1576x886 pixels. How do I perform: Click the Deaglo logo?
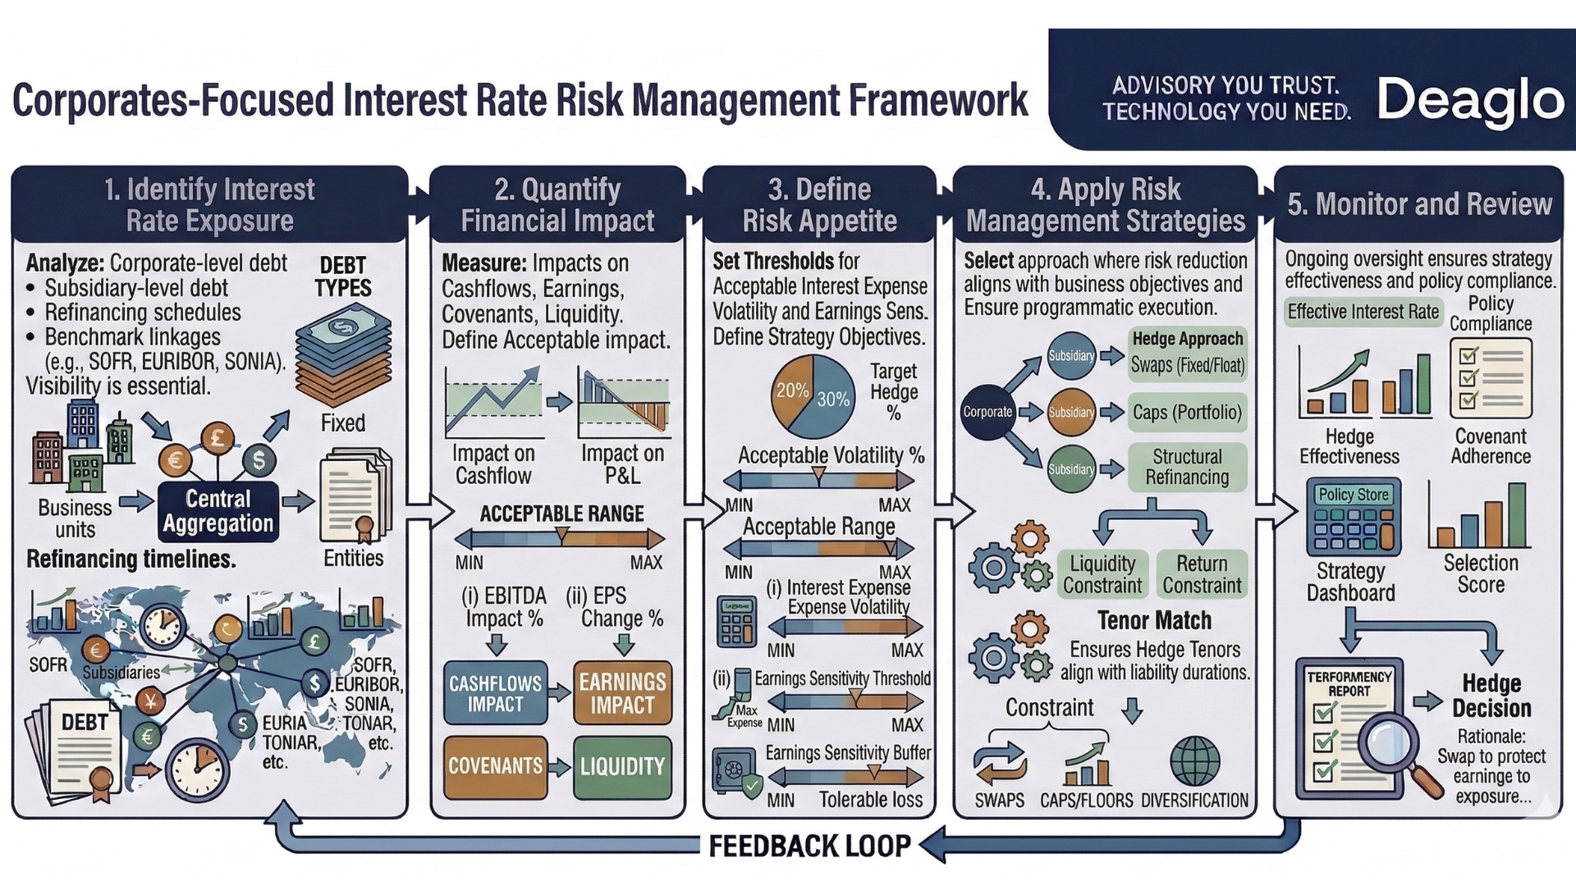coord(1469,101)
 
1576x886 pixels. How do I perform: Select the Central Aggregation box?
coord(218,511)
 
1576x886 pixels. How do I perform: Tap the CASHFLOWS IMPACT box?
coord(495,693)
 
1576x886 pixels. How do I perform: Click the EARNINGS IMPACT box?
coord(622,693)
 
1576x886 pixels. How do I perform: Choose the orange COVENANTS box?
coord(495,766)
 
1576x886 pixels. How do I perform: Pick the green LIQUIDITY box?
coord(622,766)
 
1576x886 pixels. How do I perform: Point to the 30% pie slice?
coord(831,400)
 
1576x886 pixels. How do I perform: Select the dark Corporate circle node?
coord(987,412)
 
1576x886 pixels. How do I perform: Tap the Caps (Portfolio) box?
coord(1187,412)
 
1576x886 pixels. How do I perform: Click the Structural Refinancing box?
coord(1187,467)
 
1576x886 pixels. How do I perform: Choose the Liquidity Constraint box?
coord(1102,574)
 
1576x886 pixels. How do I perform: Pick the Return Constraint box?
coord(1202,574)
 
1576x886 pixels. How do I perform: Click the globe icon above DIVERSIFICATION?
coord(1194,760)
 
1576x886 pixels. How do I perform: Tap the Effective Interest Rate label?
coord(1363,312)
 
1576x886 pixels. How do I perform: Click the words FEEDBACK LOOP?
coord(809,846)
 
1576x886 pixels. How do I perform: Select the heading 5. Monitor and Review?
coord(1419,204)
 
